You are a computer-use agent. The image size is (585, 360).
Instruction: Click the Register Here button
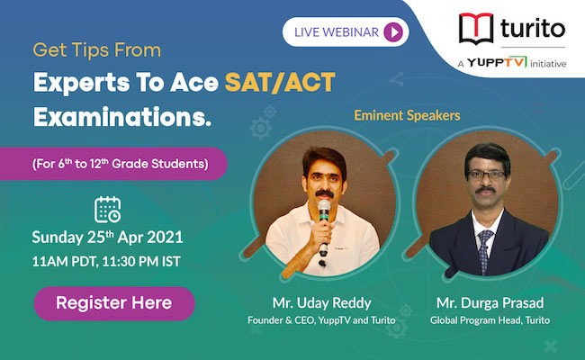[x=114, y=303]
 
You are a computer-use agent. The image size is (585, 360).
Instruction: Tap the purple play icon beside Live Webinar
[x=393, y=31]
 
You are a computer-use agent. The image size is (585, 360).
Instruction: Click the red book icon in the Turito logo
[x=476, y=29]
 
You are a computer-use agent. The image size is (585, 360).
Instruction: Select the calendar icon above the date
[x=107, y=210]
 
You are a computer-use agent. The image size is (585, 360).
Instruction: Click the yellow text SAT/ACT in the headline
[x=280, y=83]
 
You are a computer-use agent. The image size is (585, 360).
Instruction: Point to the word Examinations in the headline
[x=122, y=117]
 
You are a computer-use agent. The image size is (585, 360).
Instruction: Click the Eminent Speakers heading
[x=407, y=115]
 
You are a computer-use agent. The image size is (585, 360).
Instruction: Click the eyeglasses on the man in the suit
[x=486, y=175]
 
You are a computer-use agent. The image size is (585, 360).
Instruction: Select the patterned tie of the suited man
[x=484, y=251]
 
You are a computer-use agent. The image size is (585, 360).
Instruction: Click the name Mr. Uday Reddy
[x=321, y=303]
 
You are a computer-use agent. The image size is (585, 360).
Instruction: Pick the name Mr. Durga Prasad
[x=490, y=303]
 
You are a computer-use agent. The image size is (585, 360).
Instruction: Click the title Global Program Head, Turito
[x=490, y=320]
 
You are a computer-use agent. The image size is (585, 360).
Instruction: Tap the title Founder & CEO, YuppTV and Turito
[x=321, y=320]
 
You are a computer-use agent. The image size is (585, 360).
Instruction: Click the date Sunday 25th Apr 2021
[x=107, y=238]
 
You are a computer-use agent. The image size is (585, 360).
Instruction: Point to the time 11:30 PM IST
[x=141, y=262]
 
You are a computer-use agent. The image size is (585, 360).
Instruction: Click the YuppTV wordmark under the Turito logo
[x=497, y=62]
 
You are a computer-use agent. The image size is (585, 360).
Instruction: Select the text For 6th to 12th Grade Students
[x=120, y=164]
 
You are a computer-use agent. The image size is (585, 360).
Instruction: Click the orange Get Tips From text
[x=97, y=50]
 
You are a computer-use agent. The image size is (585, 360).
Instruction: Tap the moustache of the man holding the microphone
[x=324, y=193]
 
